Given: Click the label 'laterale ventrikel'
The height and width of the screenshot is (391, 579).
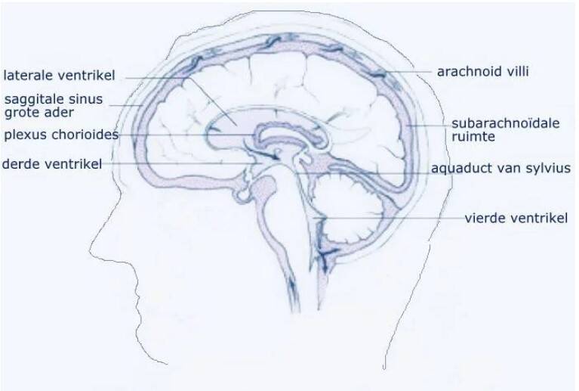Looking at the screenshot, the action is pos(59,76).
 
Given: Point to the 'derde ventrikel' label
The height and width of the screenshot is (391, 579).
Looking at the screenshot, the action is pos(51,163).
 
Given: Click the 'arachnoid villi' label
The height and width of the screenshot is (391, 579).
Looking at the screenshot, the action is pos(482,72).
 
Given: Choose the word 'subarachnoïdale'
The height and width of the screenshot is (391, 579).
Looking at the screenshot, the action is pos(505,123).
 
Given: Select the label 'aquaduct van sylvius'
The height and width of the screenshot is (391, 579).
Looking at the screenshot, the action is pos(500,168).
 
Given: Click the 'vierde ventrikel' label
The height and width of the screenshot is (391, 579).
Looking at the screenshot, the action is pos(515,219).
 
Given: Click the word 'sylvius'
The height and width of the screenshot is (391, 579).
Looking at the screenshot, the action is pos(550,168).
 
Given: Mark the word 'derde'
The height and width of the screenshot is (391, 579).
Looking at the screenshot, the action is pos(20,163).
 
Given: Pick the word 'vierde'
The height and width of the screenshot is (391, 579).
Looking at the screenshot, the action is pos(484,219).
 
